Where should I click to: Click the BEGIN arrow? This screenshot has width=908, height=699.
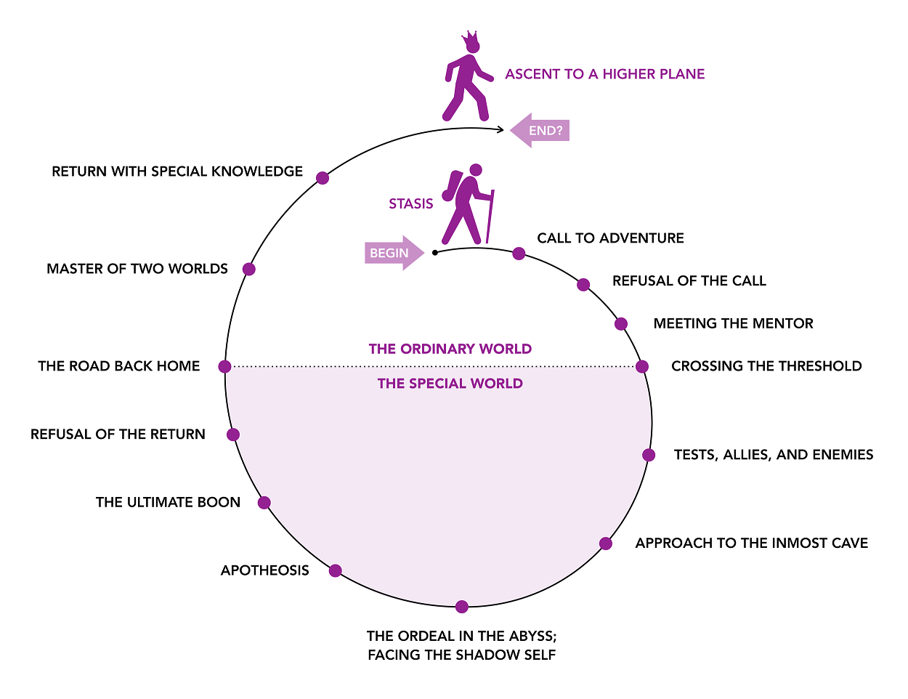point(394,253)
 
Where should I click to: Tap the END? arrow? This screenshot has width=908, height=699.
point(540,130)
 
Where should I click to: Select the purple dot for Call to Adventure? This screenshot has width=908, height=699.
point(519,253)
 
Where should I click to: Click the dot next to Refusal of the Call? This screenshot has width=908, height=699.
point(583,285)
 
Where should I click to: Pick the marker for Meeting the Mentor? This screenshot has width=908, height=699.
point(621,324)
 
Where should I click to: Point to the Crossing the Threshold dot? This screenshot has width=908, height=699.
point(642,366)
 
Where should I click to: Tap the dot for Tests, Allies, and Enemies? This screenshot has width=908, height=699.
point(649,455)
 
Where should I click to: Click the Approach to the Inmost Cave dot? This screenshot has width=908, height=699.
point(606,544)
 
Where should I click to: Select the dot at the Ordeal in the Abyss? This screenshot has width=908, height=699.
point(462,607)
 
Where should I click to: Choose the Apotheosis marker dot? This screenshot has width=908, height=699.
point(335,570)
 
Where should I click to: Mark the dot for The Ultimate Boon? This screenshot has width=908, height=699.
point(264,503)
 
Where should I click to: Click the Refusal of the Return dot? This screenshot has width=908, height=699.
point(233,435)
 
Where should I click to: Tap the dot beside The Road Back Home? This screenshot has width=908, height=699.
point(224,366)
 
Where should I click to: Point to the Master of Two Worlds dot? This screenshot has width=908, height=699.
point(249,269)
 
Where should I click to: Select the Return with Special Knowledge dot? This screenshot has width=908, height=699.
point(323,178)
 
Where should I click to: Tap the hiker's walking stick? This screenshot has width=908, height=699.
point(490,217)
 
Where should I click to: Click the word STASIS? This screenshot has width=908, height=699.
point(410,204)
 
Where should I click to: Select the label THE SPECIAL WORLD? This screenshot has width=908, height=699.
point(450,384)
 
